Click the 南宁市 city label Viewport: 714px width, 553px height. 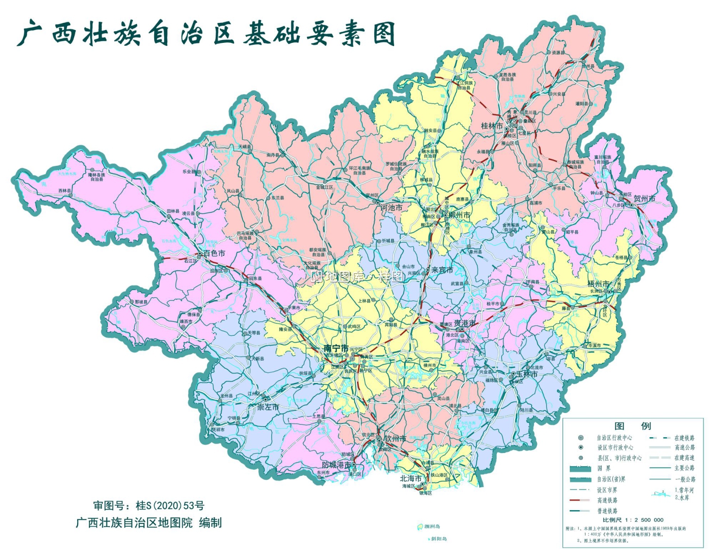click(x=336, y=348)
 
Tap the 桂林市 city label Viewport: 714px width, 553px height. click(x=492, y=126)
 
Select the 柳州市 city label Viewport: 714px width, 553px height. click(x=459, y=215)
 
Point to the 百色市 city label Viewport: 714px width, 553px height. click(x=214, y=253)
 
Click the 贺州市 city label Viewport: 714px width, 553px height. click(x=644, y=199)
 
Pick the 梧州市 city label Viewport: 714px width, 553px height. click(x=598, y=284)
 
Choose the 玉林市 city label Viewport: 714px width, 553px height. click(x=527, y=374)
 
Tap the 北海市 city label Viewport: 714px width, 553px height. click(x=410, y=478)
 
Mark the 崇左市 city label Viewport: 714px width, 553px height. click(x=268, y=407)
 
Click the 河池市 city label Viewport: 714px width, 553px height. click(x=391, y=208)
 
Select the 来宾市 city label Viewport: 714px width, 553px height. click(x=442, y=270)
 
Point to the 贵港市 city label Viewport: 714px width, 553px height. click(x=464, y=323)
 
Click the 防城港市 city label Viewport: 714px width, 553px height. click(x=337, y=464)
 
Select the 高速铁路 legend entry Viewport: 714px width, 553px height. click(x=607, y=500)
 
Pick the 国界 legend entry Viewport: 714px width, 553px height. click(x=604, y=468)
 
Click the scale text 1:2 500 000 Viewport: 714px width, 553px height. click(x=633, y=520)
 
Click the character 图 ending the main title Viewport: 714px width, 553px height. click(x=383, y=34)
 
